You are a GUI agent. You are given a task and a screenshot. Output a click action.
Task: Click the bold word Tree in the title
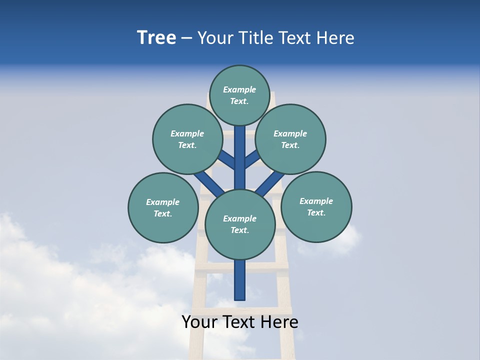(156, 38)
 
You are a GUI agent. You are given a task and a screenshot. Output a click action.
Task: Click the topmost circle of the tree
(240, 95)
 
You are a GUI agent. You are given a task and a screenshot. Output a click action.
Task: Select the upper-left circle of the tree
(187, 139)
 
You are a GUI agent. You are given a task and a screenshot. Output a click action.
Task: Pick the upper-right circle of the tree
(290, 139)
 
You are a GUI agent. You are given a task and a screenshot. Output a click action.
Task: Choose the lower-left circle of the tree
(163, 207)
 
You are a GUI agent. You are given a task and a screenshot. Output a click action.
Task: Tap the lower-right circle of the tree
(316, 206)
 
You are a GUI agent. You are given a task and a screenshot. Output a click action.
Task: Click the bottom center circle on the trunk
(240, 224)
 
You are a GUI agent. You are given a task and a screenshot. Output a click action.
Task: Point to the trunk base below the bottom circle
(240, 280)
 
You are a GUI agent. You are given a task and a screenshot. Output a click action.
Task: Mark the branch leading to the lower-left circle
(209, 183)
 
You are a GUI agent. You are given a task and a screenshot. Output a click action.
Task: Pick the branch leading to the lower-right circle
(270, 183)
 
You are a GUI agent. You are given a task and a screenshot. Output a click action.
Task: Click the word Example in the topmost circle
(239, 90)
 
